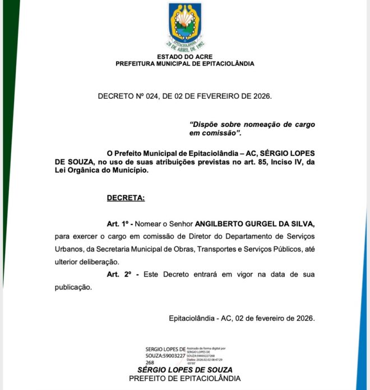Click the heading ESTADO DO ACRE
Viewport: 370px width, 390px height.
184,57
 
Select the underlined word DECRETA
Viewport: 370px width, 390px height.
126,198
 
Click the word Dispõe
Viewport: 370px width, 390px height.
204,124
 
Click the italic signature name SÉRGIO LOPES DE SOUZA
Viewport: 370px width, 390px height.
185,370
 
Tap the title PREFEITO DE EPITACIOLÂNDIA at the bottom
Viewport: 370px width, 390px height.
185,379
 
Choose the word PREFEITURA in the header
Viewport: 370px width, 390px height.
136,63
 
